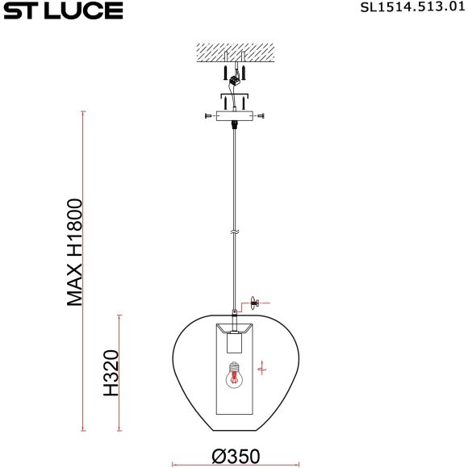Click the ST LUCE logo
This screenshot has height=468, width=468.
62,10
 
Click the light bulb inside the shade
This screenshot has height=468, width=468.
236,374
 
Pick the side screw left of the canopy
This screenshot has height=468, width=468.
209,117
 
